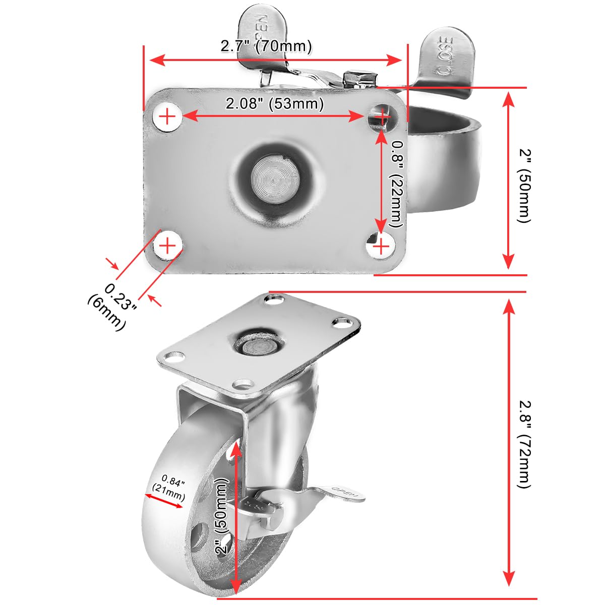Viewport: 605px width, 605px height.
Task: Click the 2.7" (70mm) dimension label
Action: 266,46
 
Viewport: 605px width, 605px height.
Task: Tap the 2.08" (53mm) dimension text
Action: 274,104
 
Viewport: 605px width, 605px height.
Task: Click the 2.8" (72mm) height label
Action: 525,444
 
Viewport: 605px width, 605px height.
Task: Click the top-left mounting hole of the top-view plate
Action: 167,117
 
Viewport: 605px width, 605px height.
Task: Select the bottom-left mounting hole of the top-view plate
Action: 167,246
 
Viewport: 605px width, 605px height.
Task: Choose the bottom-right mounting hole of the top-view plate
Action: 382,246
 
